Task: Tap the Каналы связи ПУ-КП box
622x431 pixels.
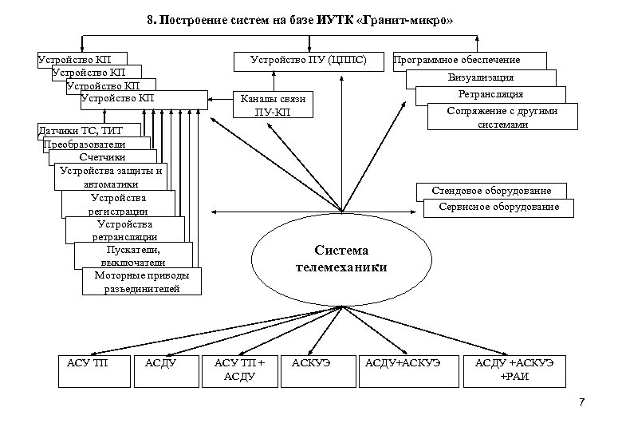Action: [x=272, y=105]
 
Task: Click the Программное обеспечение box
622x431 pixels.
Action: [x=468, y=60]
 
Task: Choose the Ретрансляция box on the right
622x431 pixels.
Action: [x=492, y=94]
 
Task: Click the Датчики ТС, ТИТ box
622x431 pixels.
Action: [x=88, y=130]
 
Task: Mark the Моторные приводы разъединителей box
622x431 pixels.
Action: [x=142, y=282]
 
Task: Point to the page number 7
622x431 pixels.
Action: [x=581, y=401]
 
